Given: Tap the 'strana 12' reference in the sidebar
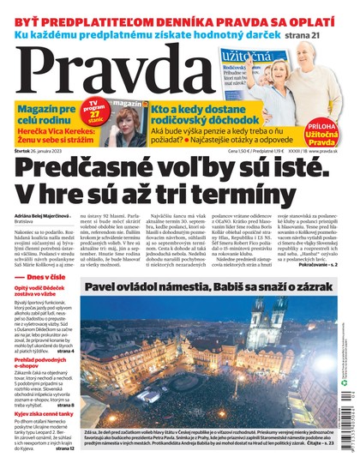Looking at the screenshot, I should pos(64,448).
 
